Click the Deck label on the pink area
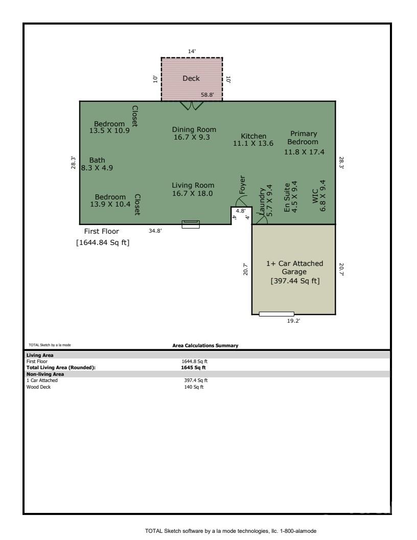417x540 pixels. point(191,78)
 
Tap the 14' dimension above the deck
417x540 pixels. point(191,51)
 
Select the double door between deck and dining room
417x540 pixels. point(192,105)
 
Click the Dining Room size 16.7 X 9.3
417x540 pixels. point(194,137)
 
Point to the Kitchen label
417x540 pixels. point(253,136)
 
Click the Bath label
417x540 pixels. point(97,161)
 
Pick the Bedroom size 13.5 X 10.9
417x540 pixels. point(109,131)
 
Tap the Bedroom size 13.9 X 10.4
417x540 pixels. point(110,204)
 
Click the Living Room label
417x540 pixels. point(193,185)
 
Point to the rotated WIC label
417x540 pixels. point(315,196)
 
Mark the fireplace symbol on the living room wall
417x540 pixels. point(191,224)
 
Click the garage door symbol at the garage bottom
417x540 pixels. point(276,314)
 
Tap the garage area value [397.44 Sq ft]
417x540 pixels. point(295,281)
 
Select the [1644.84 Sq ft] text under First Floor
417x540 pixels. point(103,243)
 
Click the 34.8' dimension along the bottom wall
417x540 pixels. point(155,231)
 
